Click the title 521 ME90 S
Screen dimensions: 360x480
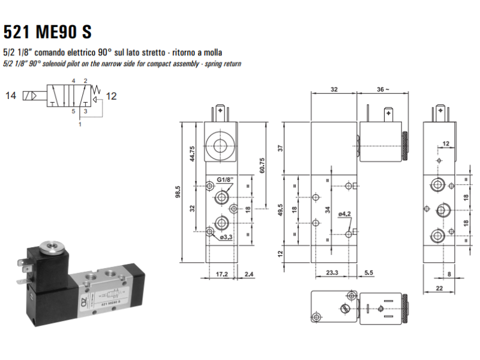tap(48, 31)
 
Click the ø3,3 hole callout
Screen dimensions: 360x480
tap(225, 237)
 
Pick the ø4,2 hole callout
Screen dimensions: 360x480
tap(344, 214)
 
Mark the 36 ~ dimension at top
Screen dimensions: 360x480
tap(382, 89)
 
